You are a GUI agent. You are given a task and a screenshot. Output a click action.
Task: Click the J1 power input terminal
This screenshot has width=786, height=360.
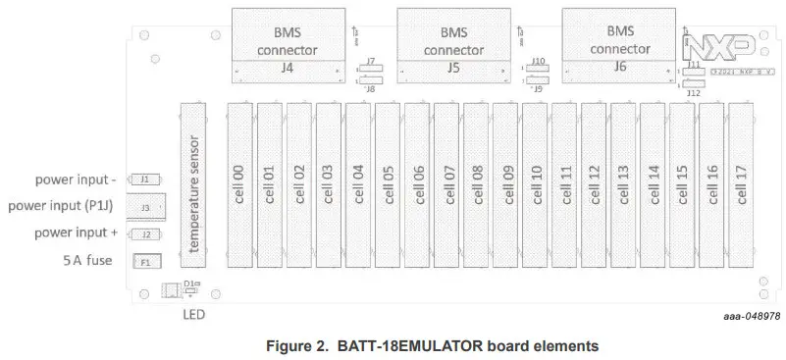click(x=145, y=180)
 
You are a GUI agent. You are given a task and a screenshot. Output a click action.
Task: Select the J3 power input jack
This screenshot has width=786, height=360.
click(x=146, y=208)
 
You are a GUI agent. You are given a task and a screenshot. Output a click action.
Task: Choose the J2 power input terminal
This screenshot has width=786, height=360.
click(x=145, y=235)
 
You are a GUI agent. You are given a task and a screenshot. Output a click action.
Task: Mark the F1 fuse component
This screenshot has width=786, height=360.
click(x=145, y=263)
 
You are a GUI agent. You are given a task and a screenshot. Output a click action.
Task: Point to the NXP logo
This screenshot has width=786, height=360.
click(x=719, y=48)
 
